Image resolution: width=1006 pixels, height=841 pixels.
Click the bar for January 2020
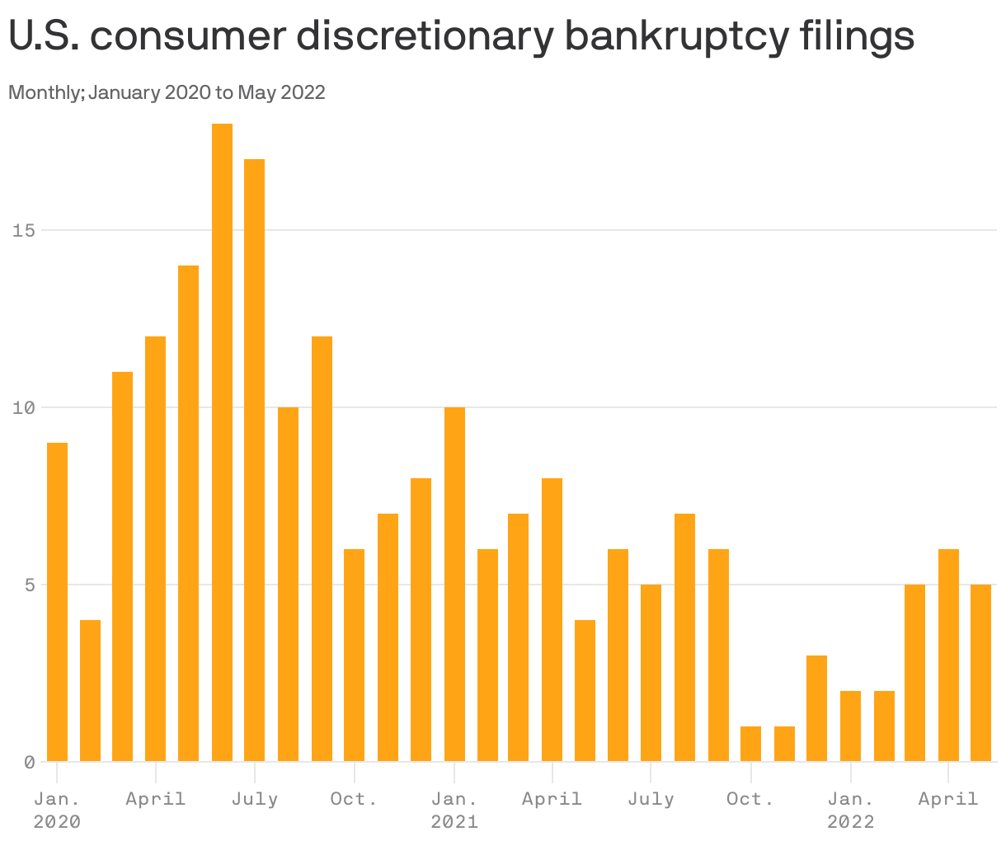click(57, 602)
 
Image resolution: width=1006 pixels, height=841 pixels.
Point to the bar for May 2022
click(980, 673)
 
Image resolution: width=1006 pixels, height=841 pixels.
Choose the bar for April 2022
click(948, 655)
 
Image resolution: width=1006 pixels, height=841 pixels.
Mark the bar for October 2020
click(354, 655)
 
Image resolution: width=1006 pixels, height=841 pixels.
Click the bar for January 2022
click(850, 726)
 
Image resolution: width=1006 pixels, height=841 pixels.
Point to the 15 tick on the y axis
click(24, 230)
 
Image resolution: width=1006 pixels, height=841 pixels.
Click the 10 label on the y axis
click(24, 407)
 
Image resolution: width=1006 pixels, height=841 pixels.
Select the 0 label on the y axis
click(29, 763)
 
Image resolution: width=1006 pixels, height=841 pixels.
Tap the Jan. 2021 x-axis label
click(454, 810)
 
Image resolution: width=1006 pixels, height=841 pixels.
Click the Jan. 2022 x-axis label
click(850, 810)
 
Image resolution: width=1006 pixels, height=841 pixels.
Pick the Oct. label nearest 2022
click(750, 799)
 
